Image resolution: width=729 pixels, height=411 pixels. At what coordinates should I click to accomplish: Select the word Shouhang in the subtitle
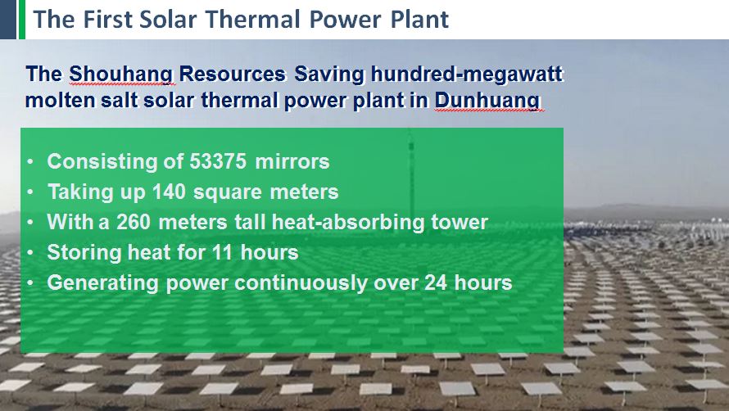(122, 74)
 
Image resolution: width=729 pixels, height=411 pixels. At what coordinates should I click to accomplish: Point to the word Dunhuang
(487, 100)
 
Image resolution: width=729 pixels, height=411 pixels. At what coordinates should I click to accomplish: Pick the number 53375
(218, 161)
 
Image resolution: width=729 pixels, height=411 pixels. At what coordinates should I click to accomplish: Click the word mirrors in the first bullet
(292, 161)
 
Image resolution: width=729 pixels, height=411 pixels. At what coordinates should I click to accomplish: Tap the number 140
(170, 192)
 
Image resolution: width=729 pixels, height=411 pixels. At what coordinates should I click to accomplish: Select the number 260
(134, 222)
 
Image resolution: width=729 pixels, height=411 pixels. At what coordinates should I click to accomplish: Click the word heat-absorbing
(348, 222)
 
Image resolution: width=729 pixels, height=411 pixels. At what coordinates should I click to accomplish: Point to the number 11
(222, 252)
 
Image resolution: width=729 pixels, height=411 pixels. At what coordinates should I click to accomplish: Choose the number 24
(436, 282)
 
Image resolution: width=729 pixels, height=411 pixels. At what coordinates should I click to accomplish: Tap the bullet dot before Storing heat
(30, 253)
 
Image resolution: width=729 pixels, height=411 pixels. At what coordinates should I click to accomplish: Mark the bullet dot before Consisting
(30, 162)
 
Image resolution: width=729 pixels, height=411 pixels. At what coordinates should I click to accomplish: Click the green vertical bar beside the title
(21, 20)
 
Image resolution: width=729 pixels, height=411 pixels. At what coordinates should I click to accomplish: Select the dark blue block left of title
(8, 20)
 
